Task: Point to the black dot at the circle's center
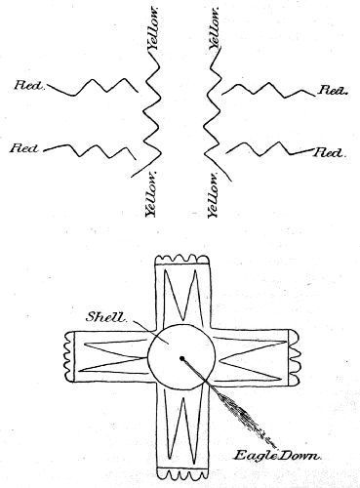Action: [x=182, y=360]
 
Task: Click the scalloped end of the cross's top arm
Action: [x=181, y=260]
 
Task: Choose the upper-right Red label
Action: [x=333, y=90]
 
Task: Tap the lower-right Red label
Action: [x=330, y=154]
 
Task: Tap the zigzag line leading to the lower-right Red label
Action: [x=268, y=148]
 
